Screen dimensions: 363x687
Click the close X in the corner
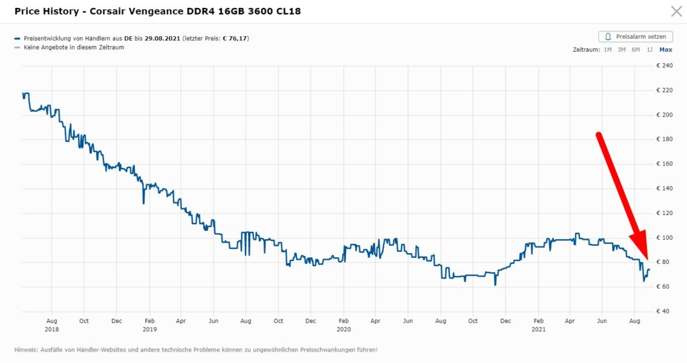coord(676,11)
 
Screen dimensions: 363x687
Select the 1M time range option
coord(607,50)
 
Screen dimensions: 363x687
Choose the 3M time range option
coord(621,50)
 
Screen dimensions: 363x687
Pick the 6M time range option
coord(635,50)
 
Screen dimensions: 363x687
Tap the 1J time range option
coord(649,50)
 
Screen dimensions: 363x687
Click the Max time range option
coord(666,50)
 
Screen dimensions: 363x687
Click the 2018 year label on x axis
coord(52,329)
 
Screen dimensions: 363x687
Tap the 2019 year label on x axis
coord(149,329)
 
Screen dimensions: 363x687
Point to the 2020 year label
coord(343,329)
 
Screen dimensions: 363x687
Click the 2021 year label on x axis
coord(538,329)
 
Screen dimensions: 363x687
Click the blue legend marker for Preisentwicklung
coord(17,39)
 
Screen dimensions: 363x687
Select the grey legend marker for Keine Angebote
coord(17,48)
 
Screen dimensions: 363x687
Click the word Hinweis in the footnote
coord(25,350)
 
